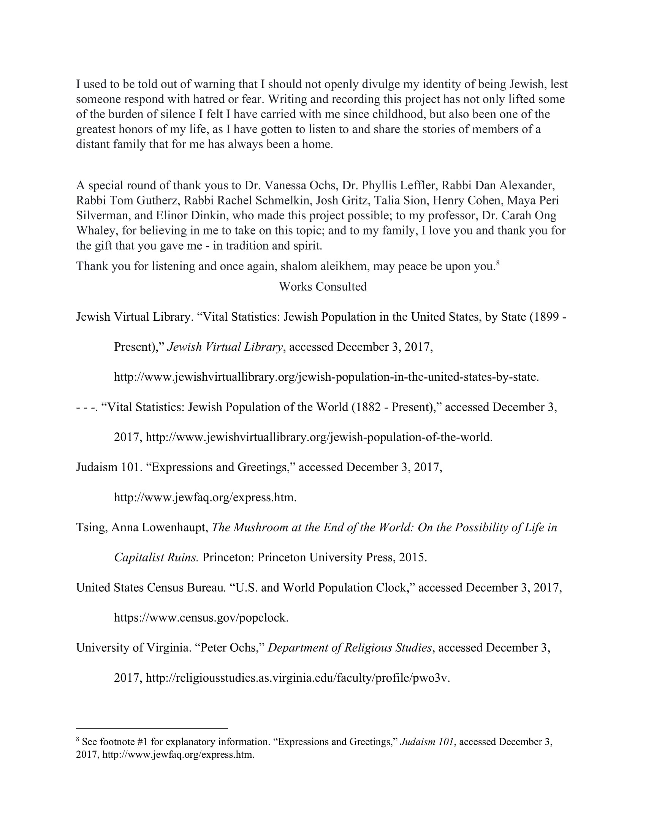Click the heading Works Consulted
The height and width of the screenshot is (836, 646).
pos(323,287)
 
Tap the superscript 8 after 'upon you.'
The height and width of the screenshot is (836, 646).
pos(497,263)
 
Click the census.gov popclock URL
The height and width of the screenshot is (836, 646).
pos(201,617)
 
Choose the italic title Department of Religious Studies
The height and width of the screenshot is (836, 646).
pos(349,648)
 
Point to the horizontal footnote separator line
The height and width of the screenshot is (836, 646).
pos(152,729)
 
